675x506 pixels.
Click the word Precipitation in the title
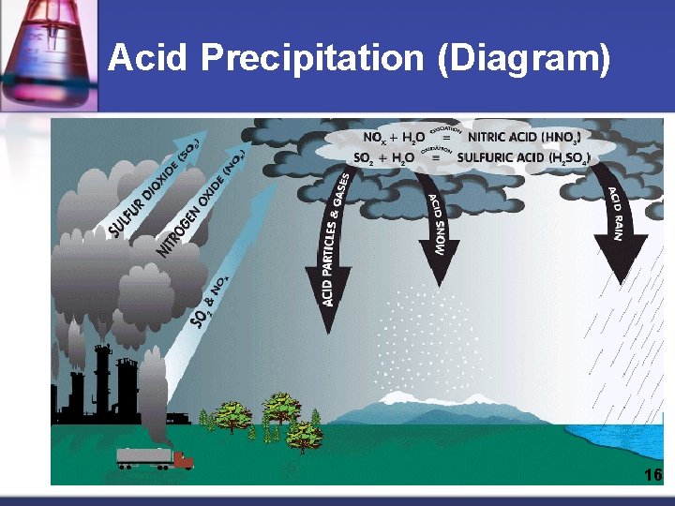pyautogui.click(x=313, y=59)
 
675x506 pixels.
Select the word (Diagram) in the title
pyautogui.click(x=524, y=59)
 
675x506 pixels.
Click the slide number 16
pyautogui.click(x=652, y=475)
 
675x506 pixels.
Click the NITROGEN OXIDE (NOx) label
pyautogui.click(x=201, y=203)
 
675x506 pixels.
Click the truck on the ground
pyautogui.click(x=155, y=458)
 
